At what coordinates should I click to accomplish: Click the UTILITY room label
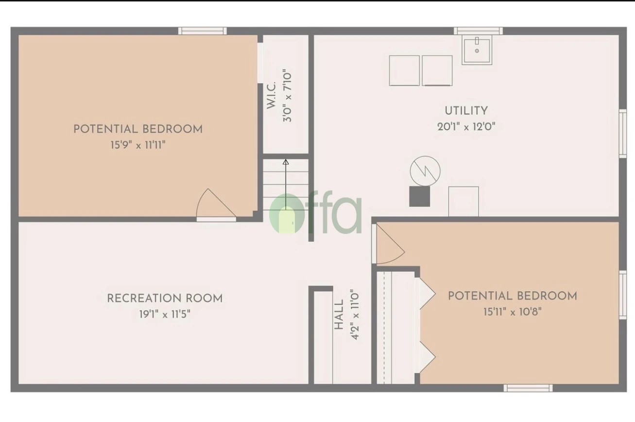[x=466, y=111]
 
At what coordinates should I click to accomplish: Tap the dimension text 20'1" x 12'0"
[x=466, y=127]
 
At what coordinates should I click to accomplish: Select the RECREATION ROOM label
[x=165, y=298]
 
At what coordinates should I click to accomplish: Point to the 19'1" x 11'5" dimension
[x=165, y=314]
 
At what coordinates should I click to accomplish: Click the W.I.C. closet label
[x=272, y=95]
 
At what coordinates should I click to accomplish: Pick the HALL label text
[x=339, y=315]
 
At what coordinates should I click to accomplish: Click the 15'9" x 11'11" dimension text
[x=138, y=145]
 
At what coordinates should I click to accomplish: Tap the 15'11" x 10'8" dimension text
[x=512, y=312]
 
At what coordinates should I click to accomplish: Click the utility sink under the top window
[x=477, y=50]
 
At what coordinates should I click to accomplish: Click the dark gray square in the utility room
[x=419, y=196]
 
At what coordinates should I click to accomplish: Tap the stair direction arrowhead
[x=286, y=162]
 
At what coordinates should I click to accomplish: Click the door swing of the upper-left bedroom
[x=214, y=204]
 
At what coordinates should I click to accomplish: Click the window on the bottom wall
[x=528, y=387]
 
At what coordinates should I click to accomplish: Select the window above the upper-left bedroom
[x=202, y=31]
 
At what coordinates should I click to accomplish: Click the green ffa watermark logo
[x=316, y=214]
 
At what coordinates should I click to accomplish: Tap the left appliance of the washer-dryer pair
[x=404, y=70]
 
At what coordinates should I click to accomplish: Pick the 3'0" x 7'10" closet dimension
[x=288, y=95]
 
